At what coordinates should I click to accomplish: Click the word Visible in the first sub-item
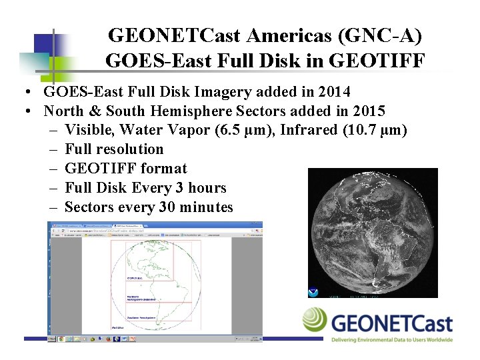click(90, 129)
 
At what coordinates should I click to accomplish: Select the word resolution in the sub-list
click(131, 149)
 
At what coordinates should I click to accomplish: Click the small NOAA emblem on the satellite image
click(313, 291)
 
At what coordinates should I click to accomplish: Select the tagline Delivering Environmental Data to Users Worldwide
click(392, 339)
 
